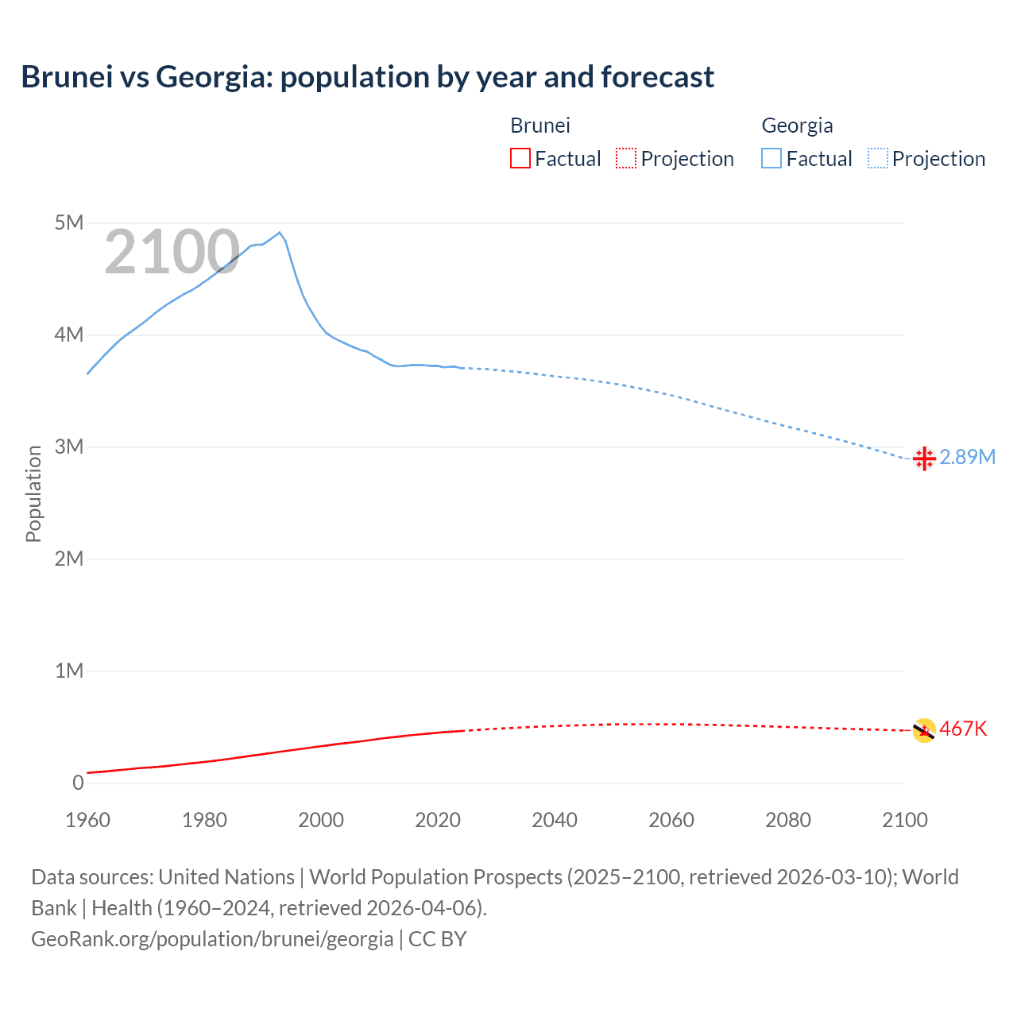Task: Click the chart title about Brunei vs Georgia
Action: tap(367, 77)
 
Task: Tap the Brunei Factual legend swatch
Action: tap(520, 158)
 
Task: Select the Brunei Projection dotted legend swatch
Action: tap(626, 158)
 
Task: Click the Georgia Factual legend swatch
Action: tap(771, 158)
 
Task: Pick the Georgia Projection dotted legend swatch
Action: tap(877, 158)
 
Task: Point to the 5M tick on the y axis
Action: tap(69, 222)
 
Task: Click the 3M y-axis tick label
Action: tap(69, 447)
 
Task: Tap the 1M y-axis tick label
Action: tap(69, 671)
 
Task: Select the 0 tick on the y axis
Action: tap(78, 783)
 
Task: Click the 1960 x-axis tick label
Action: tap(87, 820)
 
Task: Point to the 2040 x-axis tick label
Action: tap(555, 820)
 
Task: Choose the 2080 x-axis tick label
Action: tap(788, 820)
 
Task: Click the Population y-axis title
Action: tap(33, 493)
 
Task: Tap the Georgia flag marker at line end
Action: tap(924, 458)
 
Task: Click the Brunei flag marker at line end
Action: tap(924, 730)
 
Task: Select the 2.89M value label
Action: tap(968, 457)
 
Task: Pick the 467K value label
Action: tap(963, 729)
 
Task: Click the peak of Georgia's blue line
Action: tap(279, 233)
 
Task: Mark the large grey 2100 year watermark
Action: tap(172, 252)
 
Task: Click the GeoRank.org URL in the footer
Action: tap(212, 939)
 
